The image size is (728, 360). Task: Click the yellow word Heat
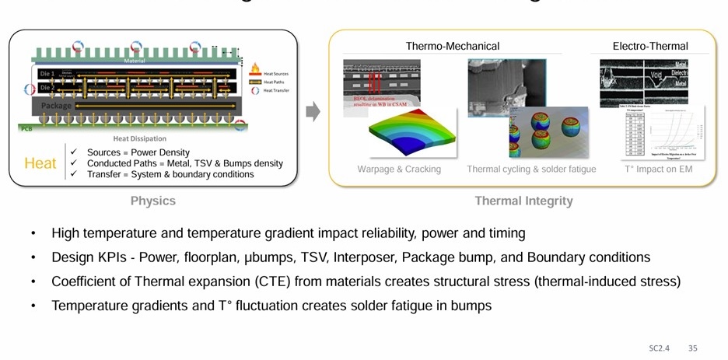pos(40,163)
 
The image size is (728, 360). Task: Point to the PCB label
pos(25,125)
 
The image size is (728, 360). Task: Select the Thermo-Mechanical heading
pos(453,47)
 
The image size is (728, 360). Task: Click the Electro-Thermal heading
pos(650,47)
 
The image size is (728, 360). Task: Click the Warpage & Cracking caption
pos(399,169)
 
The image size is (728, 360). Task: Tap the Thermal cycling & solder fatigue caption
pos(531,169)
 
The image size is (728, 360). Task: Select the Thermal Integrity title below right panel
pos(523,201)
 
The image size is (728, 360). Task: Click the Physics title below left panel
pos(152,201)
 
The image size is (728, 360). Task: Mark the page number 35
pos(692,348)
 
